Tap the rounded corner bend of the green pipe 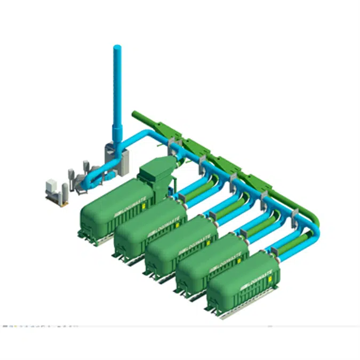(x=315, y=216)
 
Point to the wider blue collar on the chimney (x=117, y=131)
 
